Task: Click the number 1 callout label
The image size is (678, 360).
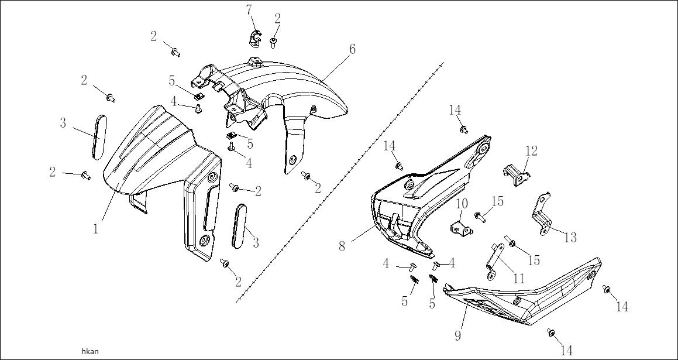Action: pyautogui.click(x=95, y=229)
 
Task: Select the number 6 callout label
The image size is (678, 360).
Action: pyautogui.click(x=352, y=49)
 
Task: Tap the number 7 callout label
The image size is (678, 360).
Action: pyautogui.click(x=249, y=10)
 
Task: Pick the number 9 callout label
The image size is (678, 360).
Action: pyautogui.click(x=457, y=336)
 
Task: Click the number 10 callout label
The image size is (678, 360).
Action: pyautogui.click(x=462, y=204)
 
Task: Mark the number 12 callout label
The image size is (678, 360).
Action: pyautogui.click(x=531, y=151)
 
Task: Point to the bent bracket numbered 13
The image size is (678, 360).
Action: pyautogui.click(x=542, y=214)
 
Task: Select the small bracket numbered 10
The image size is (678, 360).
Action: pyautogui.click(x=462, y=228)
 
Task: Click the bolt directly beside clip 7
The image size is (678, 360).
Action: pyautogui.click(x=274, y=41)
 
